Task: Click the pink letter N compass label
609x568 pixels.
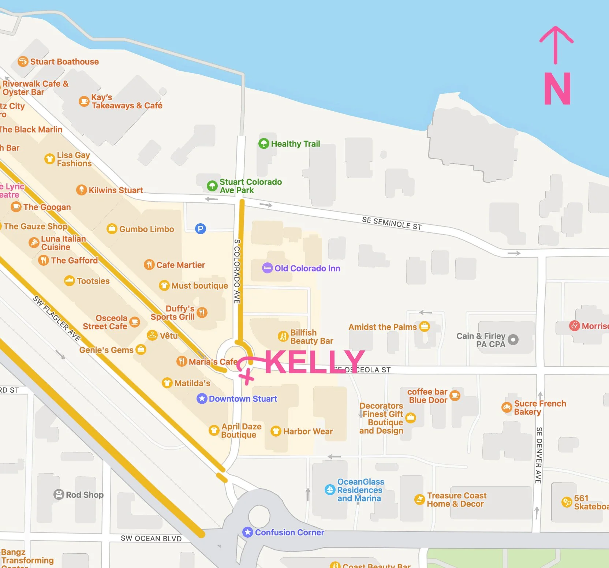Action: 557,89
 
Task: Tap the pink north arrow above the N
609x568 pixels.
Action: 556,44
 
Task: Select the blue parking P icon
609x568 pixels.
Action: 200,229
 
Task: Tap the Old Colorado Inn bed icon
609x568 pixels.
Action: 267,268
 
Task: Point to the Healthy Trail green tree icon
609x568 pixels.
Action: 264,143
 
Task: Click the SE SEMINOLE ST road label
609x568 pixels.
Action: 392,223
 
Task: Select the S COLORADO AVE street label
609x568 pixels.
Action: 237,271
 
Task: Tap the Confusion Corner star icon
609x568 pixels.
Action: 248,532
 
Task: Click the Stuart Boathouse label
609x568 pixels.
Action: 64,61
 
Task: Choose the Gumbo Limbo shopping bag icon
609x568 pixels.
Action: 112,229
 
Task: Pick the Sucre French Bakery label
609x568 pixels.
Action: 539,407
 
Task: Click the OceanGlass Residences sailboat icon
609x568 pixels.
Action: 330,489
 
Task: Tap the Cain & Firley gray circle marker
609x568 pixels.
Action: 513,340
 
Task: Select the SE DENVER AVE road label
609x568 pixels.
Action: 538,455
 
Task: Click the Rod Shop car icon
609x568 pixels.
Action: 59,494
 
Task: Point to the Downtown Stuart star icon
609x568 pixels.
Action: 202,399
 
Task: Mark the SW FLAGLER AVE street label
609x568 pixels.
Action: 57,318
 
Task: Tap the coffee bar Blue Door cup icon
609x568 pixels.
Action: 455,395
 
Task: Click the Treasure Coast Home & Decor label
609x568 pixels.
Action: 456,500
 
